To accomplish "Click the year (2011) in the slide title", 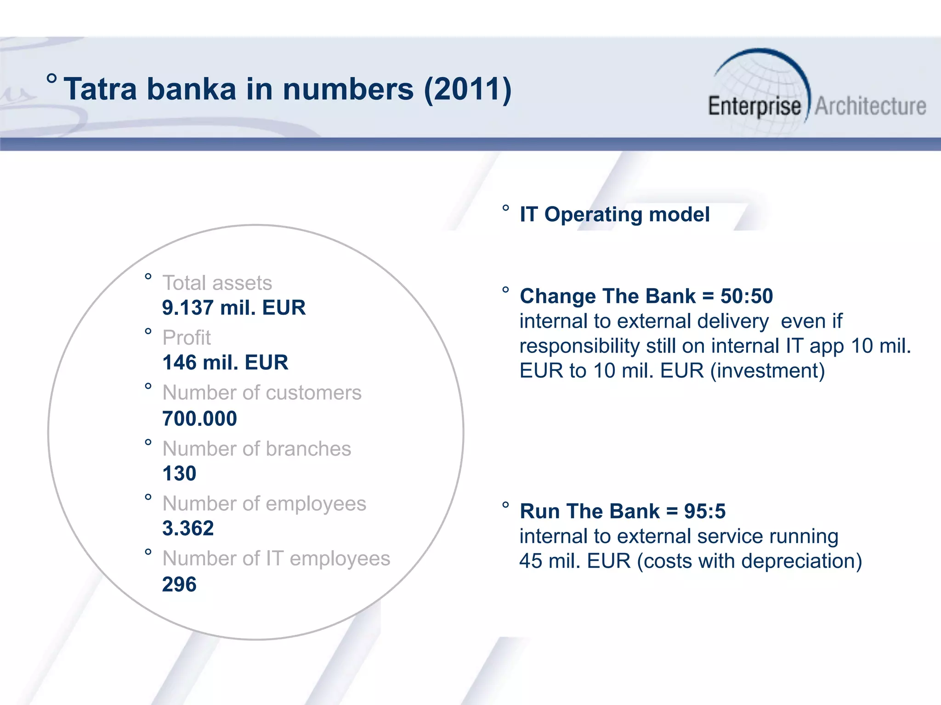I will tap(467, 89).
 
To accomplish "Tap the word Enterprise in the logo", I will tap(754, 106).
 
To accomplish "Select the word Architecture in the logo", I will tap(870, 106).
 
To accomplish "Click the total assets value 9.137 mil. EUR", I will tap(233, 308).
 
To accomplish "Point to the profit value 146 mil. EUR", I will tap(225, 363).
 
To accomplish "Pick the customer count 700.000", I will tap(199, 419).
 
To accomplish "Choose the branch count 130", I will tap(179, 474).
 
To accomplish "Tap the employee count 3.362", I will tap(188, 528).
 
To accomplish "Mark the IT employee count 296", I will tap(179, 584).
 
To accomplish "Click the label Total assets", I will tap(217, 283).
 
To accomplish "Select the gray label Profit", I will tap(187, 338).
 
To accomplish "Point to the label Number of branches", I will tap(256, 449).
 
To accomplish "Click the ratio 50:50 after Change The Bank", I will tap(747, 297).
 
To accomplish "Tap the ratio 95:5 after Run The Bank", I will tap(704, 511).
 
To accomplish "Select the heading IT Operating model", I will tap(614, 214).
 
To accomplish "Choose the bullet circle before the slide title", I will tap(52, 78).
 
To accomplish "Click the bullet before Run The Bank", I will tap(505, 505).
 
